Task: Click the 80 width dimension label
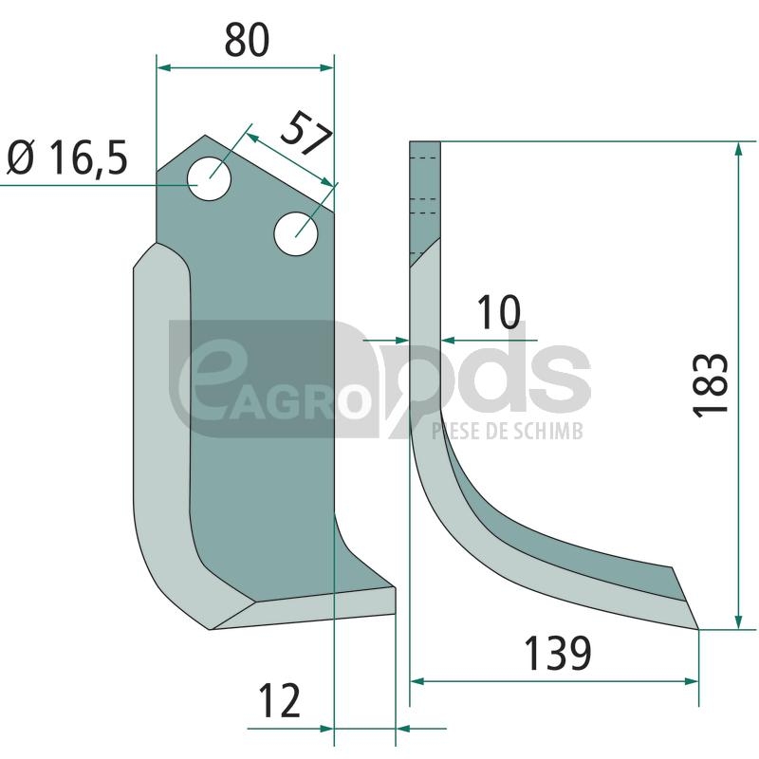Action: [247, 40]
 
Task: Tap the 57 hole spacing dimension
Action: [306, 134]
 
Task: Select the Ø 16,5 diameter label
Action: [67, 157]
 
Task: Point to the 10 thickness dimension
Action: [499, 312]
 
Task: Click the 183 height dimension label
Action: [711, 385]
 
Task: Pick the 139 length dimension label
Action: [558, 653]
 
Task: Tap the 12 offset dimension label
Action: [280, 700]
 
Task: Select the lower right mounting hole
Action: [296, 234]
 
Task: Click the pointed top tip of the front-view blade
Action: [205, 136]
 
